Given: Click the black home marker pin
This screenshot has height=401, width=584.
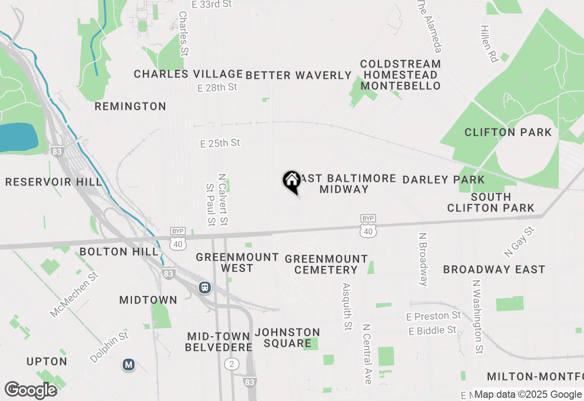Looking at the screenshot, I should (292, 181).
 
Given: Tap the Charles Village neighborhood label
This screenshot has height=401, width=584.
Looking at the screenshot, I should (188, 74).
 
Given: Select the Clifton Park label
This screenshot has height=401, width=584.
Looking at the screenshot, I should (508, 133).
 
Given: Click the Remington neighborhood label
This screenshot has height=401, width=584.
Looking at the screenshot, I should (130, 107).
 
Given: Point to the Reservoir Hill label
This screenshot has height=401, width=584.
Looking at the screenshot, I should (53, 182).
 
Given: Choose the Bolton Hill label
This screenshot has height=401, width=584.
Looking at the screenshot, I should (119, 252).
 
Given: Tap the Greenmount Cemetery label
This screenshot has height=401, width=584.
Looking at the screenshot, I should (326, 264).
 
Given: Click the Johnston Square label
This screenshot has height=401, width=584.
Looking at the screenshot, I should (287, 338).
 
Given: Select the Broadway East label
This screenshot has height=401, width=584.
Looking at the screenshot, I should (494, 269).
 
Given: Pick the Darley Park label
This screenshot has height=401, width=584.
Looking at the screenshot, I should (443, 180).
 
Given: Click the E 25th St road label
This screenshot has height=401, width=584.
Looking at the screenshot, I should (220, 144).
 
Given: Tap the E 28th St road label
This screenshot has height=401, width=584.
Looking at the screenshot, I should (218, 87).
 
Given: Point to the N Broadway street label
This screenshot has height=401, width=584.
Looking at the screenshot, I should (424, 259).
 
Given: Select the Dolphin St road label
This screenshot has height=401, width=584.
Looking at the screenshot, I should (109, 347).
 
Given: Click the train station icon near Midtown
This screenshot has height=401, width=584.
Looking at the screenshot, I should (205, 288).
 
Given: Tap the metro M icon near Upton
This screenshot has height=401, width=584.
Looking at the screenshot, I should (129, 365).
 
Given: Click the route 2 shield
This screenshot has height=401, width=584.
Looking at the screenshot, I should (232, 364).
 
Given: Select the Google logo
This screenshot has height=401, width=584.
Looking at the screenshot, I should (31, 391).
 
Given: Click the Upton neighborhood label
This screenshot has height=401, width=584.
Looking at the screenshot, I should (47, 362).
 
